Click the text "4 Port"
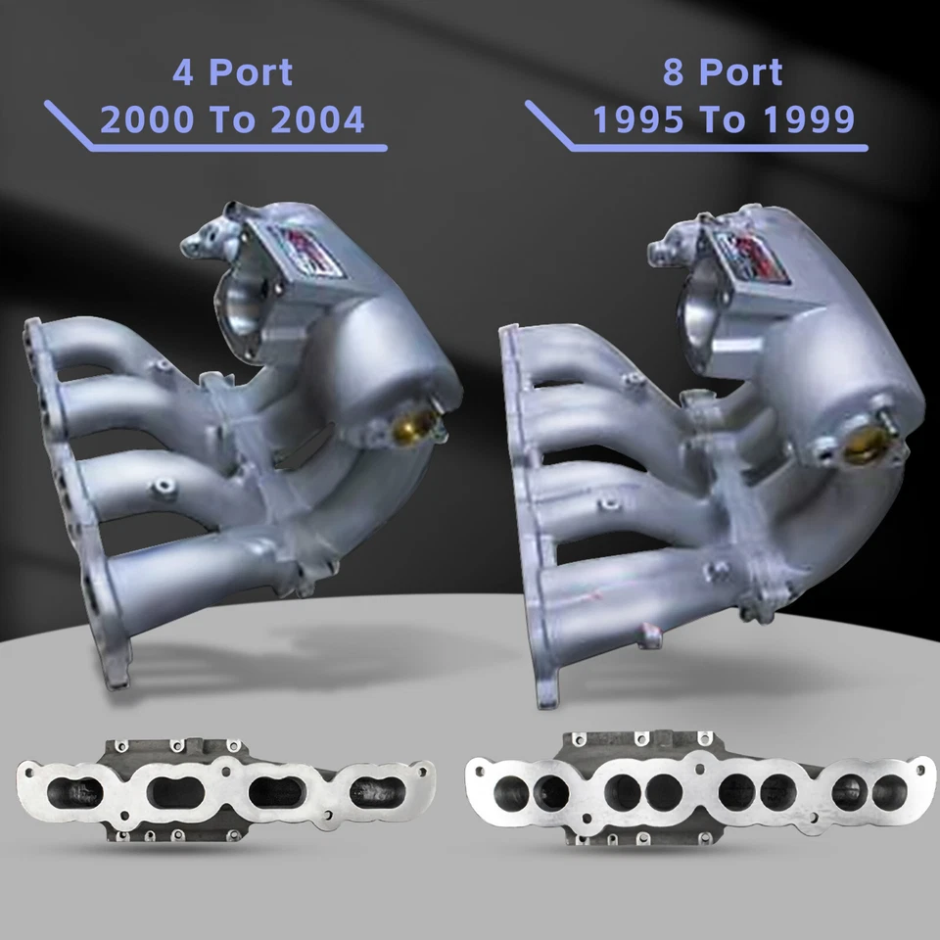tap(232, 72)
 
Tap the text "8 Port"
tap(722, 72)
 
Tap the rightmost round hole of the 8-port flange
tap(889, 789)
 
